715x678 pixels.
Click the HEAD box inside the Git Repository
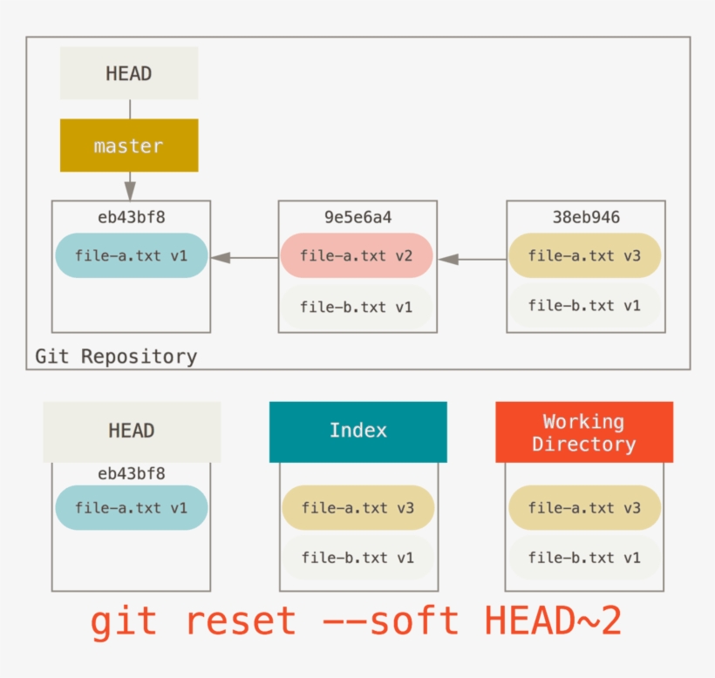coord(129,73)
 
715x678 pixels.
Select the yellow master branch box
coord(129,146)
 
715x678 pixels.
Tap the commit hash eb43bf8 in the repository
coord(131,217)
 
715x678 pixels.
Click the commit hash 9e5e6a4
coord(357,217)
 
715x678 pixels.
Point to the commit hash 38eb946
coord(586,217)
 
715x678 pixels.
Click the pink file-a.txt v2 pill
coord(357,255)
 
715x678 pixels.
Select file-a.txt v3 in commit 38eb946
coord(584,255)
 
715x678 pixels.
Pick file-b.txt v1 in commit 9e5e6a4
coord(357,307)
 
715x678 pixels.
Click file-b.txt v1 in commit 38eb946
coord(584,306)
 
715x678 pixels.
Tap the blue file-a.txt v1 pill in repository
coord(131,255)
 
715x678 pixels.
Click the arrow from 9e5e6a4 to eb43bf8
coord(244,257)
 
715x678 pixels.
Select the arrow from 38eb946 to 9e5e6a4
coord(472,258)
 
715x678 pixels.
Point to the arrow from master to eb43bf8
coord(130,186)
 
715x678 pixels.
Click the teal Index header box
coord(357,431)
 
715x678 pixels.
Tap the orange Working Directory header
coord(584,432)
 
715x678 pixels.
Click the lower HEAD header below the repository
coord(132,431)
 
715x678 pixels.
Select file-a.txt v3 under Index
coord(357,507)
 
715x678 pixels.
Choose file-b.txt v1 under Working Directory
coord(584,558)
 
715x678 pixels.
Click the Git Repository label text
coord(116,356)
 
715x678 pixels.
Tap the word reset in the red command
coord(241,621)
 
